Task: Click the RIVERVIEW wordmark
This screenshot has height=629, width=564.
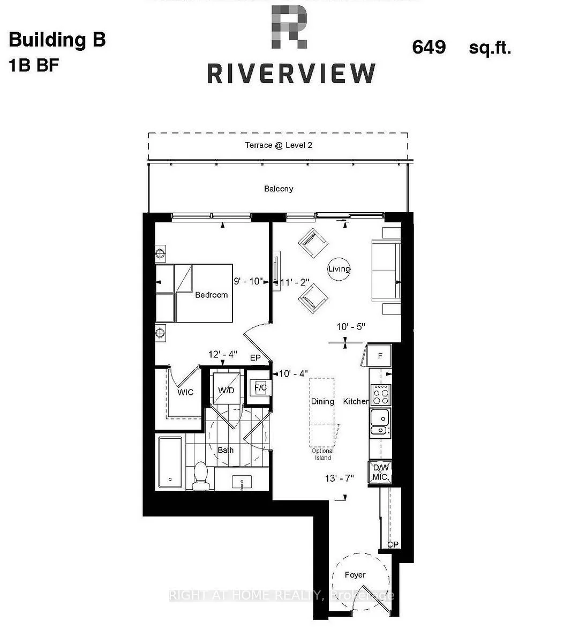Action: (x=291, y=73)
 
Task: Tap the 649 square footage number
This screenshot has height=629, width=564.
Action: (x=428, y=47)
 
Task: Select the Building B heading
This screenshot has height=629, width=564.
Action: (x=57, y=40)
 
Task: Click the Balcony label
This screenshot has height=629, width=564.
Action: (x=279, y=189)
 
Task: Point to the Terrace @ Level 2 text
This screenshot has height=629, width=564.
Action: (x=279, y=145)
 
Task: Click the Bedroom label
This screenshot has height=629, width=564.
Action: (x=211, y=295)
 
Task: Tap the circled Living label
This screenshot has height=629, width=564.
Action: (x=339, y=268)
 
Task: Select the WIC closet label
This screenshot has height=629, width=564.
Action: (x=185, y=392)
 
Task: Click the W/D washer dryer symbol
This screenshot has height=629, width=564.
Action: (x=225, y=390)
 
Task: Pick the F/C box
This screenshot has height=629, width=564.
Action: (x=261, y=387)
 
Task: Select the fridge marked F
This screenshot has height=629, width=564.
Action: (x=380, y=355)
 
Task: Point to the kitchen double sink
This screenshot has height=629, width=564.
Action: (x=380, y=421)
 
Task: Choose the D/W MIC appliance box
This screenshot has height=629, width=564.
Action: (x=380, y=473)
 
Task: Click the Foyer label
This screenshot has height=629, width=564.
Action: (x=355, y=575)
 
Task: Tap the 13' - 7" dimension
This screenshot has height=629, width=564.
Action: (x=340, y=478)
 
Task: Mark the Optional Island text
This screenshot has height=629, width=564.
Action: (x=322, y=454)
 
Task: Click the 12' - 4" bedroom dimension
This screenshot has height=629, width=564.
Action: (x=223, y=354)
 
